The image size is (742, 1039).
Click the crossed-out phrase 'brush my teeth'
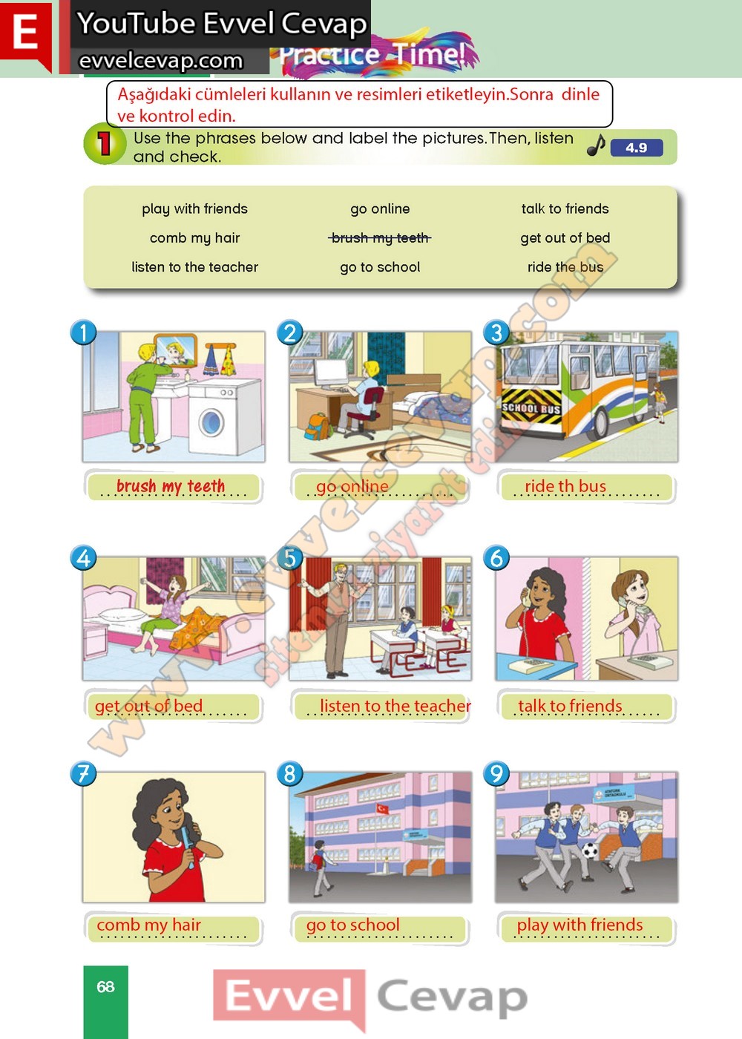[x=380, y=238]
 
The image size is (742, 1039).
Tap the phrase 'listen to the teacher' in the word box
[x=194, y=267]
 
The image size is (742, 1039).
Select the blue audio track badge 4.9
[x=637, y=148]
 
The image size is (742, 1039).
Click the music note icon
[x=596, y=145]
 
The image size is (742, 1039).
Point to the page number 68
[x=105, y=986]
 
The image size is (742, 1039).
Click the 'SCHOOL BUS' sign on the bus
[x=531, y=409]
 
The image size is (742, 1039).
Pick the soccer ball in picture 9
[x=590, y=850]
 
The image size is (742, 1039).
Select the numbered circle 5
[x=290, y=557]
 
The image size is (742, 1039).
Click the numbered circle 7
[x=83, y=773]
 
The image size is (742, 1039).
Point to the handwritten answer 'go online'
[x=352, y=486]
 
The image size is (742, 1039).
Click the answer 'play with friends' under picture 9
[x=580, y=925]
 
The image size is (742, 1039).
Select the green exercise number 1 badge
[x=105, y=144]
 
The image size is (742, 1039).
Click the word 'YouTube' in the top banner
[x=136, y=23]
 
